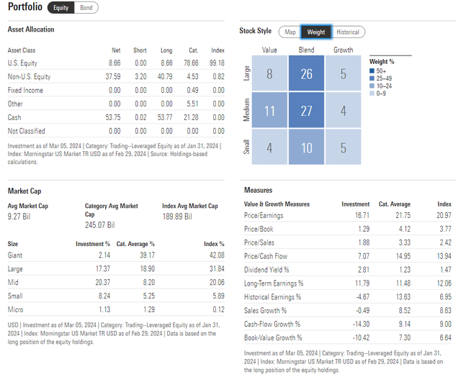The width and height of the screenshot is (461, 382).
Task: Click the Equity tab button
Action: tap(61, 8)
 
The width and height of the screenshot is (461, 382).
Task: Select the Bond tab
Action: tap(86, 8)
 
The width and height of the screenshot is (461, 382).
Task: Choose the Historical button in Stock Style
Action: tap(347, 32)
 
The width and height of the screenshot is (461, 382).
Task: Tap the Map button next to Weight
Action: tap(290, 32)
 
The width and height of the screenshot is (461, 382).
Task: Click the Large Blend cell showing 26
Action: tap(307, 74)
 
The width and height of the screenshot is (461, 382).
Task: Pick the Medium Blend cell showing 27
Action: tap(307, 111)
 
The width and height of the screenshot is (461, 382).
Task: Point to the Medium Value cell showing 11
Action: tap(269, 111)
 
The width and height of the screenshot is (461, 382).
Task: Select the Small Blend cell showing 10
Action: tap(307, 148)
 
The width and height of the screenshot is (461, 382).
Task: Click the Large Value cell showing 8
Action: tap(269, 74)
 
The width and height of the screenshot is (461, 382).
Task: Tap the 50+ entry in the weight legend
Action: tap(378, 71)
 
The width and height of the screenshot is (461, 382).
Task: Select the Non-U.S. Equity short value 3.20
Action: tap(139, 77)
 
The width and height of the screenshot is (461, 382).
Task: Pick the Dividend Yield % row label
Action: tap(267, 270)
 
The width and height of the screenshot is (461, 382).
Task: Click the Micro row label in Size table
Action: tap(16, 309)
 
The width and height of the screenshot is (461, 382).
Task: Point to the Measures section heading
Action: tap(259, 191)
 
